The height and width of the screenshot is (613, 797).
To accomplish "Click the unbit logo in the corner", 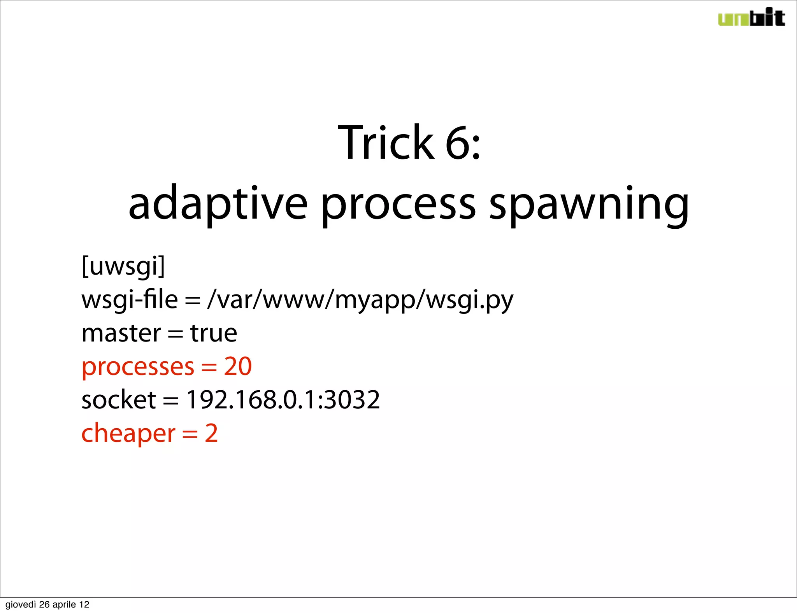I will point(751,18).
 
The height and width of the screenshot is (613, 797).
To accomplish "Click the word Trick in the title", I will point(385,142).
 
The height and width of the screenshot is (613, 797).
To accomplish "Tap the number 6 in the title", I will point(457,142).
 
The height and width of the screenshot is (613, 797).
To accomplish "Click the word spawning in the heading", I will point(589,204).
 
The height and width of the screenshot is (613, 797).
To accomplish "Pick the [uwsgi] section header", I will point(123,266).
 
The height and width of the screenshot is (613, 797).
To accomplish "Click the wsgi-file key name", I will point(130,300).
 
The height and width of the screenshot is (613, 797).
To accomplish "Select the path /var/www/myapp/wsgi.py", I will point(360,300).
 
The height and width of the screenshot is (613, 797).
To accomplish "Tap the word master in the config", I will point(121,333).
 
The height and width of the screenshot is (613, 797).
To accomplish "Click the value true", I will point(214,333).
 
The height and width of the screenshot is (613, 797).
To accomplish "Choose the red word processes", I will point(138,367).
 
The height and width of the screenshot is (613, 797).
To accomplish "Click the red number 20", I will point(238,366).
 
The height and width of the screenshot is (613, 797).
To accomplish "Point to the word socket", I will point(119,400).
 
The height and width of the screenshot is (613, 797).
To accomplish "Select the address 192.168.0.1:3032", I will point(283,400).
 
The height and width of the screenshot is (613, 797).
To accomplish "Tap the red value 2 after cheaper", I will point(211,433).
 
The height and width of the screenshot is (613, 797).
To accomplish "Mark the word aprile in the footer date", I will point(64,604).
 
